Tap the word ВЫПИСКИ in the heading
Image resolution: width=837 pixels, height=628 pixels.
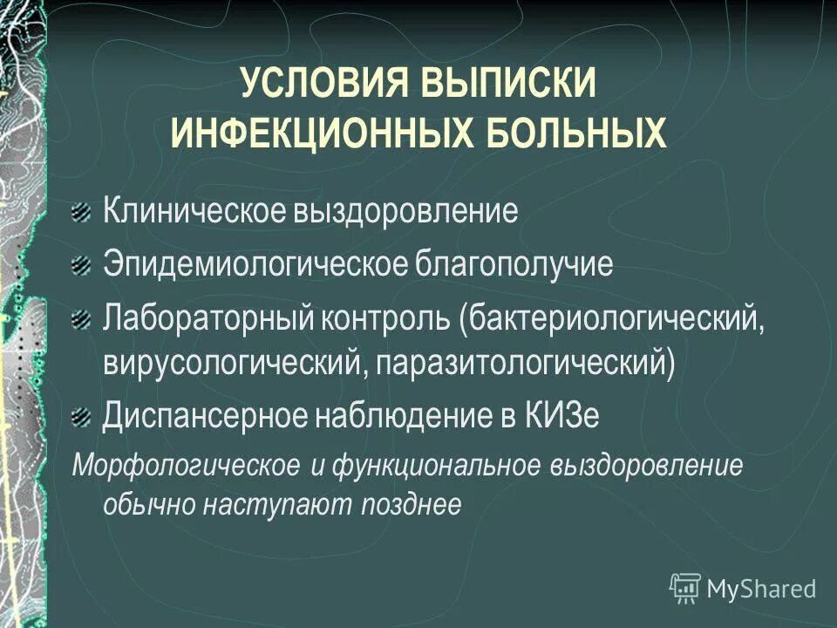tap(510, 88)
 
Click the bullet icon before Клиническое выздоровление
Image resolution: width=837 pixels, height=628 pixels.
tap(80, 212)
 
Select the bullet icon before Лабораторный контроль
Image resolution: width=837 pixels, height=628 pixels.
tap(80, 319)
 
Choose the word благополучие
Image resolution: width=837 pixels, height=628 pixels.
tap(514, 264)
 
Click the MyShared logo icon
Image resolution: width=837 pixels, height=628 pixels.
tap(685, 588)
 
